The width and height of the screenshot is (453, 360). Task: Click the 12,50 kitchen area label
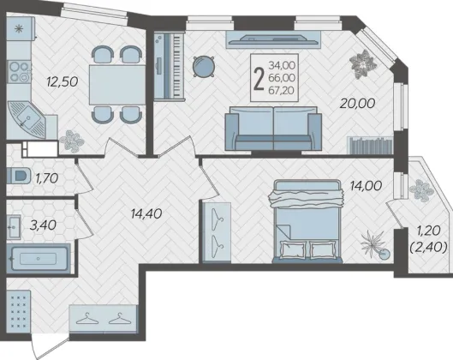pyautogui.click(x=63, y=81)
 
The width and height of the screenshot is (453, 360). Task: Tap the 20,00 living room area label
pyautogui.click(x=357, y=103)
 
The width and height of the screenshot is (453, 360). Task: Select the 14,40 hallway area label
pyautogui.click(x=146, y=213)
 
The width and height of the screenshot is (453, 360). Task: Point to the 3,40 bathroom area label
pyautogui.click(x=43, y=225)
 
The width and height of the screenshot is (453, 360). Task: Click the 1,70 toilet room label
pyautogui.click(x=47, y=178)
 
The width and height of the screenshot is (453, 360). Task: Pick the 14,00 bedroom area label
pyautogui.click(x=366, y=186)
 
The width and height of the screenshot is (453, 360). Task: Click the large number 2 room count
pyautogui.click(x=259, y=78)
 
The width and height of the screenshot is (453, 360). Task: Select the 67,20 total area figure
pyautogui.click(x=282, y=91)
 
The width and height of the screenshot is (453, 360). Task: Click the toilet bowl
pyautogui.click(x=19, y=176)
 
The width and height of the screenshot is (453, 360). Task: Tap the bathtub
pyautogui.click(x=39, y=259)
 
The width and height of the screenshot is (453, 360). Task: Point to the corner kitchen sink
pyautogui.click(x=26, y=120)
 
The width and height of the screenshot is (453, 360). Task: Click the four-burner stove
pyautogui.click(x=19, y=71)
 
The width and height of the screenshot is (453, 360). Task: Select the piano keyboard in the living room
pyautogui.click(x=169, y=66)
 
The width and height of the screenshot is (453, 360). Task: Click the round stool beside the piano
pyautogui.click(x=204, y=67)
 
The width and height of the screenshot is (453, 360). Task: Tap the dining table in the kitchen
pyautogui.click(x=117, y=85)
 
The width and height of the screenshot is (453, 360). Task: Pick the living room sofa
pyautogui.click(x=273, y=129)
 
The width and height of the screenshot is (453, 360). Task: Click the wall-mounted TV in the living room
pyautogui.click(x=273, y=39)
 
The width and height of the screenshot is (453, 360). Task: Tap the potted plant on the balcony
pyautogui.click(x=421, y=190)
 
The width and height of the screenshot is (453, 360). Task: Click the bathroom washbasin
pyautogui.click(x=14, y=227)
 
